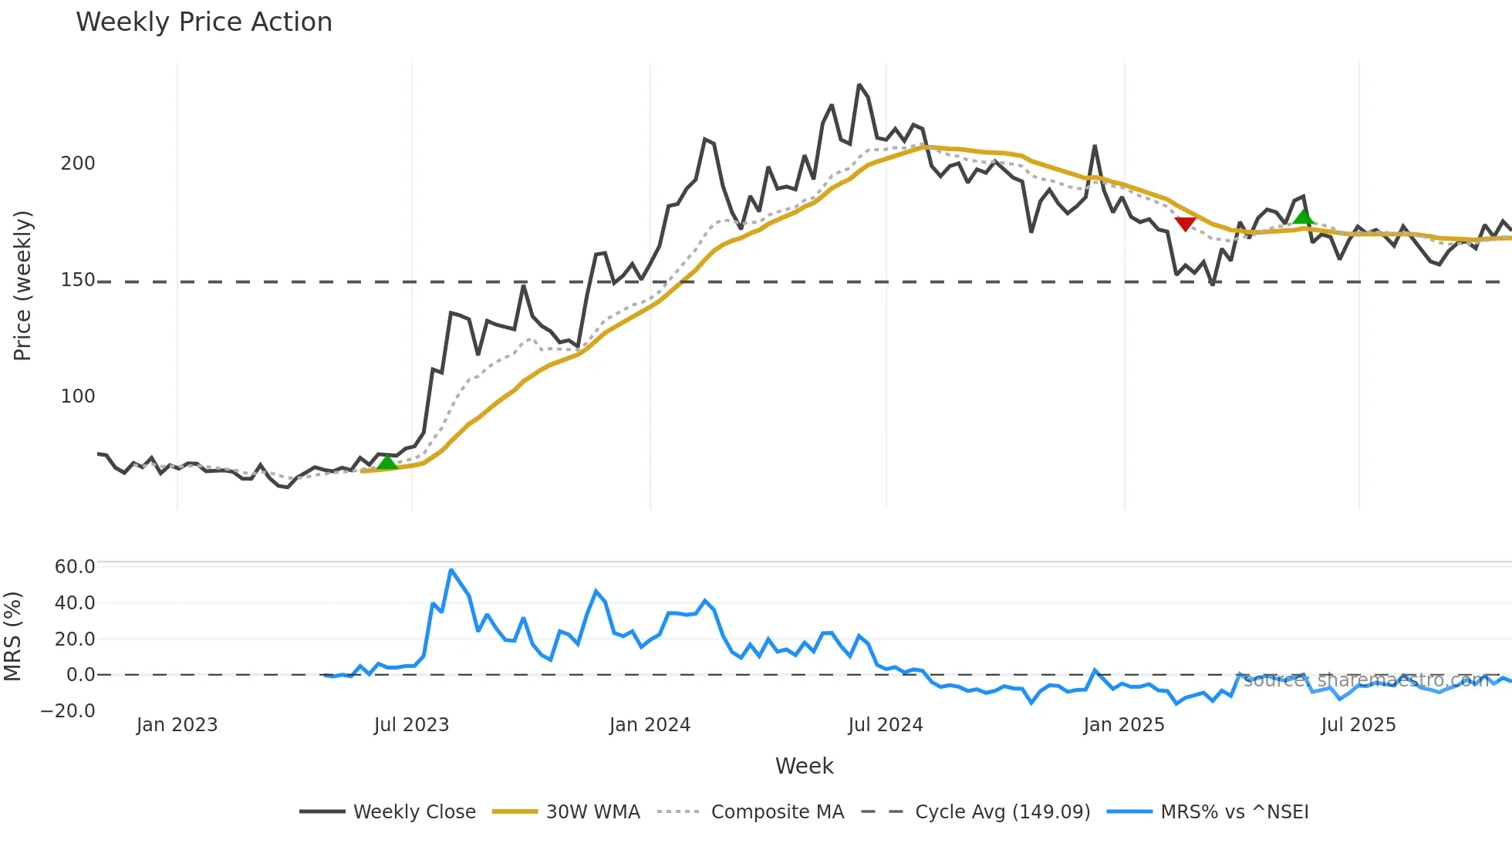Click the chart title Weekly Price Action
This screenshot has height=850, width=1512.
pos(204,22)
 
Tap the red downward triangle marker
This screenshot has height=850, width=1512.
pos(1185,224)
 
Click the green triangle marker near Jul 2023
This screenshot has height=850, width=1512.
pos(387,462)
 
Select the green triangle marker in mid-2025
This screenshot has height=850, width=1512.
pos(1303,216)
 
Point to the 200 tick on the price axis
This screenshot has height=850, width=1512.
pos(78,164)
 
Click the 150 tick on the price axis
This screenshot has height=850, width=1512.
pos(78,280)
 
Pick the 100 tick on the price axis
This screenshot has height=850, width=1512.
pos(78,396)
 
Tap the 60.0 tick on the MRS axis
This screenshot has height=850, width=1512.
pos(75,567)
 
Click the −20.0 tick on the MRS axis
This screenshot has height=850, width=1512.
pos(68,711)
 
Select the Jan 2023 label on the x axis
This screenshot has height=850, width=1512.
pos(177,725)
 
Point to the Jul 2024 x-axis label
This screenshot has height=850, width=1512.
pos(885,725)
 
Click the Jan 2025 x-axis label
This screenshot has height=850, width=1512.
pos(1123,725)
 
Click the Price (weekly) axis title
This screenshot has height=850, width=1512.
pos(22,285)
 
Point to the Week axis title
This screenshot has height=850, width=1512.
pos(804,766)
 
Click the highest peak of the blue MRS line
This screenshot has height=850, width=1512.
pos(451,570)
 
